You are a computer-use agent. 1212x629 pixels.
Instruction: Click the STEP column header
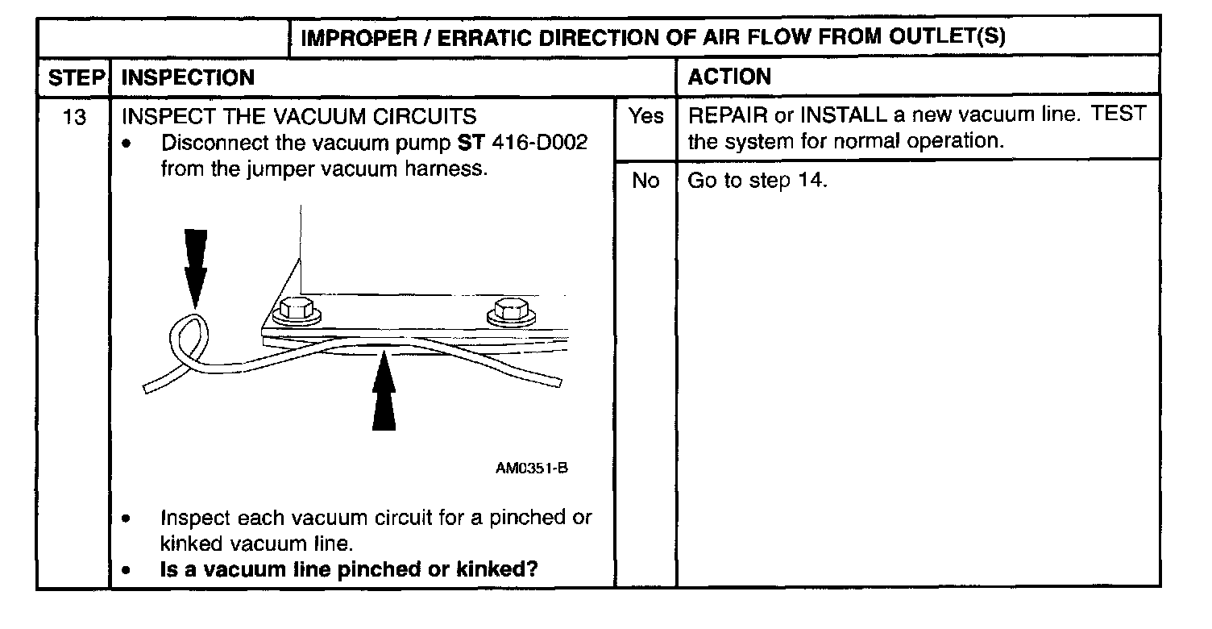[75, 78]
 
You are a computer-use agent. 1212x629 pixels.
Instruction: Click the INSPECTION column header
[187, 78]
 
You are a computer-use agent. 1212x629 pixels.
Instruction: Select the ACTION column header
[729, 77]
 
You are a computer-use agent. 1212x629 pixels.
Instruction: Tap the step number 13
[74, 118]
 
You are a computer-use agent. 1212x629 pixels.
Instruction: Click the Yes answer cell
[645, 117]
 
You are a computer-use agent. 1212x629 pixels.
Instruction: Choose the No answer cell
[645, 181]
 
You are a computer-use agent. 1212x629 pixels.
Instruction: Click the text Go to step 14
[757, 181]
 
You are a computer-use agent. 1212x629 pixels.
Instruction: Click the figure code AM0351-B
[531, 469]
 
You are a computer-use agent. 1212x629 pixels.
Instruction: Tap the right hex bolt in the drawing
[510, 310]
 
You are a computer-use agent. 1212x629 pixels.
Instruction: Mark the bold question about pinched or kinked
[349, 569]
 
